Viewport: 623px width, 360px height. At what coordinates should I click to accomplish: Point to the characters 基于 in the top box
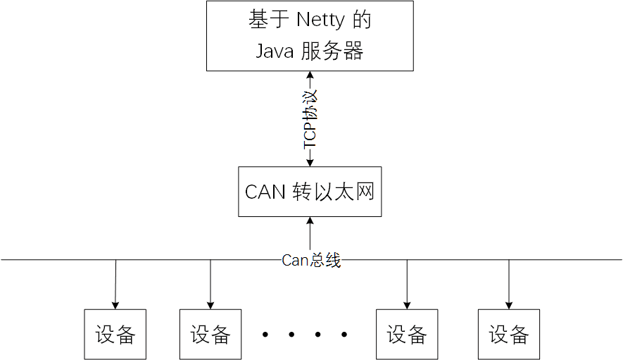(x=265, y=20)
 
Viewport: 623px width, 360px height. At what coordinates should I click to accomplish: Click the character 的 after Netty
(x=361, y=20)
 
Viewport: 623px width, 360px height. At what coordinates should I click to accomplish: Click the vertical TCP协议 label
(x=310, y=118)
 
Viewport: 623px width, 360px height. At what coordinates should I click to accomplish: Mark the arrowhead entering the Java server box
(x=310, y=75)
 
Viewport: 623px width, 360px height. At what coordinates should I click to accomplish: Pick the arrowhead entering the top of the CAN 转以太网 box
(x=310, y=162)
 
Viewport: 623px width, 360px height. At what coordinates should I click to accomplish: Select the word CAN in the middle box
(x=265, y=192)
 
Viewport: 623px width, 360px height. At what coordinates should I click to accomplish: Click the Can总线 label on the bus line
(x=311, y=260)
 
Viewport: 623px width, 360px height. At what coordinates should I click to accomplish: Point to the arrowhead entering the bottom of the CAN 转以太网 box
(x=310, y=221)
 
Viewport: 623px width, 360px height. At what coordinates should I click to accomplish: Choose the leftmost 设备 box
(x=115, y=334)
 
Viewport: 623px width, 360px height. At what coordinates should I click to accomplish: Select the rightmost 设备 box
(x=509, y=334)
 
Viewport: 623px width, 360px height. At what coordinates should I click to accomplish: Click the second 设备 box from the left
(x=210, y=334)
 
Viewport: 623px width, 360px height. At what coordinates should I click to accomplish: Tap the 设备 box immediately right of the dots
(x=407, y=334)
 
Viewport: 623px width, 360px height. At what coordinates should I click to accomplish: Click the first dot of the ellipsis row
(x=265, y=335)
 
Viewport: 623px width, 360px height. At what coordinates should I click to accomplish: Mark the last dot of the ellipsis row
(x=344, y=335)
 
